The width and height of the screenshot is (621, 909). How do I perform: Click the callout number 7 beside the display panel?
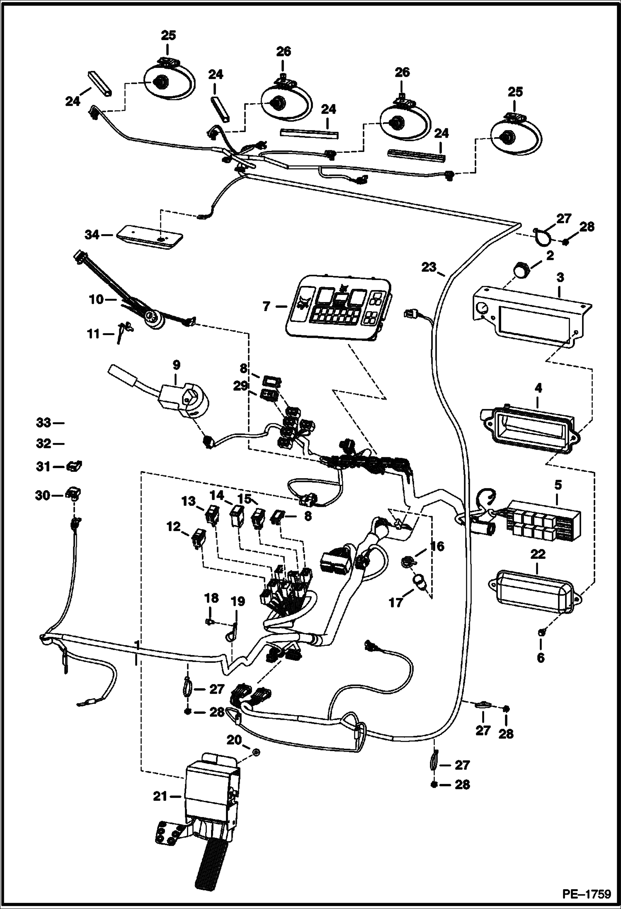point(266,307)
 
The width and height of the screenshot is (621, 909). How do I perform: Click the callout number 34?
point(92,235)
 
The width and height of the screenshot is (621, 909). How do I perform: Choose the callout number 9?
point(176,365)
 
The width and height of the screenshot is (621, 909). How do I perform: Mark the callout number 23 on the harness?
point(429,267)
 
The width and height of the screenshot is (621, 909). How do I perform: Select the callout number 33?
point(44,423)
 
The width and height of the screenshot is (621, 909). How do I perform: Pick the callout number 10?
point(97,299)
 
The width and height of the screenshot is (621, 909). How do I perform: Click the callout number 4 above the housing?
point(538,388)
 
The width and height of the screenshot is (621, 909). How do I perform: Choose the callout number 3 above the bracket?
point(560,278)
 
